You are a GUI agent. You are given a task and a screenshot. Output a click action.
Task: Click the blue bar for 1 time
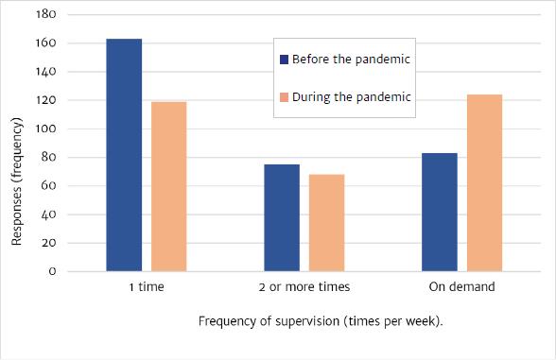(x=124, y=155)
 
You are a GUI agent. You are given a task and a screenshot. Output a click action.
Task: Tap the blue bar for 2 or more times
(x=281, y=217)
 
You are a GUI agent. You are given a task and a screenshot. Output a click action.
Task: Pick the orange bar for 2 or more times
(x=326, y=222)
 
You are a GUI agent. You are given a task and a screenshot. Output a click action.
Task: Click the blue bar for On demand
(x=439, y=212)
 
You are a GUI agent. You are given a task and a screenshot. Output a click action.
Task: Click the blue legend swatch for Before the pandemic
(x=285, y=60)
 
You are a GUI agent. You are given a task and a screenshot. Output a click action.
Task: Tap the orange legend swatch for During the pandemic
(x=285, y=96)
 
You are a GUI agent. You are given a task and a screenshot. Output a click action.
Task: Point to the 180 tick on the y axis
(x=46, y=15)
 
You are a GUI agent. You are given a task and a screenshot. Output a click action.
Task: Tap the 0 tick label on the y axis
(x=53, y=271)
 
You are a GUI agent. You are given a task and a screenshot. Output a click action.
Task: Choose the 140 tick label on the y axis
(x=46, y=72)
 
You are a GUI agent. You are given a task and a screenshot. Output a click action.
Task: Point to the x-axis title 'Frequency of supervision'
(x=321, y=321)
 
